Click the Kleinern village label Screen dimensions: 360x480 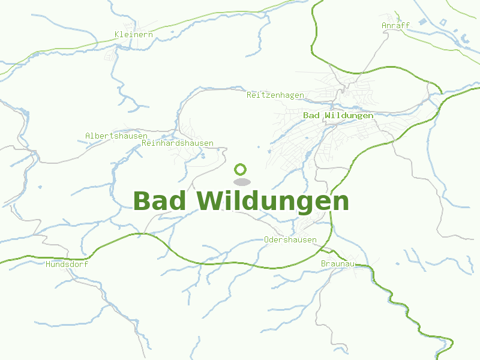coord(134,34)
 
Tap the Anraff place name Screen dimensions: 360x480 coord(395,25)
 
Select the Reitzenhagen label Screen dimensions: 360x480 coord(275,95)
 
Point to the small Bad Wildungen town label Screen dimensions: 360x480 coord(338,115)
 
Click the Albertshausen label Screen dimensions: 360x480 coord(116,136)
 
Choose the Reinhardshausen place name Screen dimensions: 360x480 coord(178,143)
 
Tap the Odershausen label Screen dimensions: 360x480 coord(290,239)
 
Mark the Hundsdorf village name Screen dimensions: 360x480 coord(67,263)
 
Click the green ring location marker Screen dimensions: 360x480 coord(241,169)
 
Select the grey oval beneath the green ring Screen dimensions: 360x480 coord(241,182)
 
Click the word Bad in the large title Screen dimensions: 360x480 coord(159,201)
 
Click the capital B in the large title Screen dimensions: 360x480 coord(142,201)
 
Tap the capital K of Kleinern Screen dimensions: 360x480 coord(117,34)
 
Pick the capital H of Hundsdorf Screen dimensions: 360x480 coord(48,263)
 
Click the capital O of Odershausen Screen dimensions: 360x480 coord(266,239)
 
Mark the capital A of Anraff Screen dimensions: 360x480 coord(384,25)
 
